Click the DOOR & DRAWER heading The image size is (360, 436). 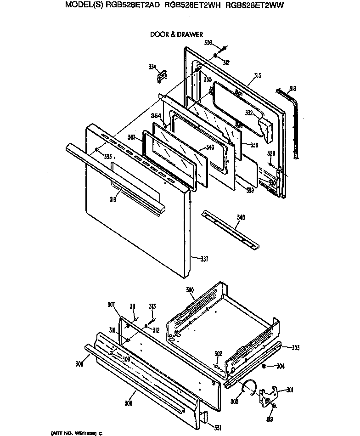tap(176, 34)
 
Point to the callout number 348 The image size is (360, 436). tap(240, 217)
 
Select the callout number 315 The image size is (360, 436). tap(257, 75)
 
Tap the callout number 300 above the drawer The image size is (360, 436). tap(190, 290)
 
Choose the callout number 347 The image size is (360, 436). tap(131, 137)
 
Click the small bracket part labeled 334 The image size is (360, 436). tap(161, 76)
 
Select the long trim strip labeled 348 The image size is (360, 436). tap(230, 231)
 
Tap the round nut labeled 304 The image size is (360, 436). tap(265, 366)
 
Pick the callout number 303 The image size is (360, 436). tap(296, 348)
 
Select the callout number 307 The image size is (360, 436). tap(111, 304)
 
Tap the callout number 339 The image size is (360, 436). tap(249, 190)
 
